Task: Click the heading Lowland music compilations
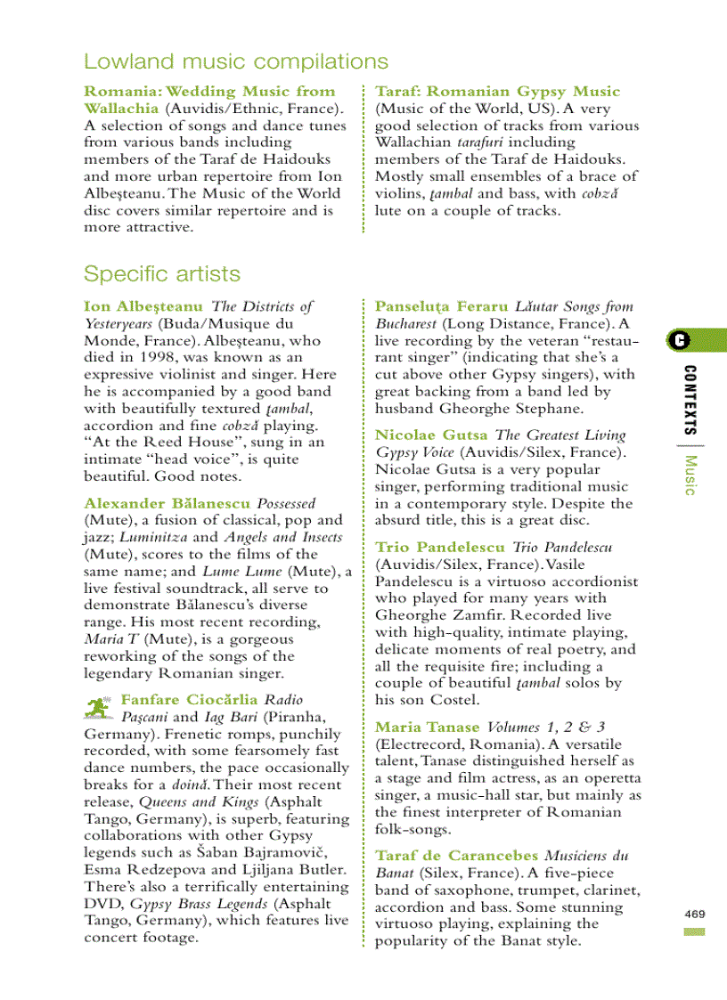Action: point(235,61)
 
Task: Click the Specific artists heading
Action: point(161,272)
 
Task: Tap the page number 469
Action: point(695,914)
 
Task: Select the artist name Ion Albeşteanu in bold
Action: point(143,306)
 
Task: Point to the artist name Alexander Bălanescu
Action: point(167,503)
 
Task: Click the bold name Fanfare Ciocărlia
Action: point(190,699)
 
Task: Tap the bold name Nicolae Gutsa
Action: point(431,435)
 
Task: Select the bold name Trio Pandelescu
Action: point(440,547)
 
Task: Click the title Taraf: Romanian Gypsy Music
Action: point(497,91)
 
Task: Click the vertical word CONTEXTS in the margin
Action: point(690,398)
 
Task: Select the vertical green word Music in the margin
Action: point(690,474)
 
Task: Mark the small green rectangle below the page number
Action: point(695,931)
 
